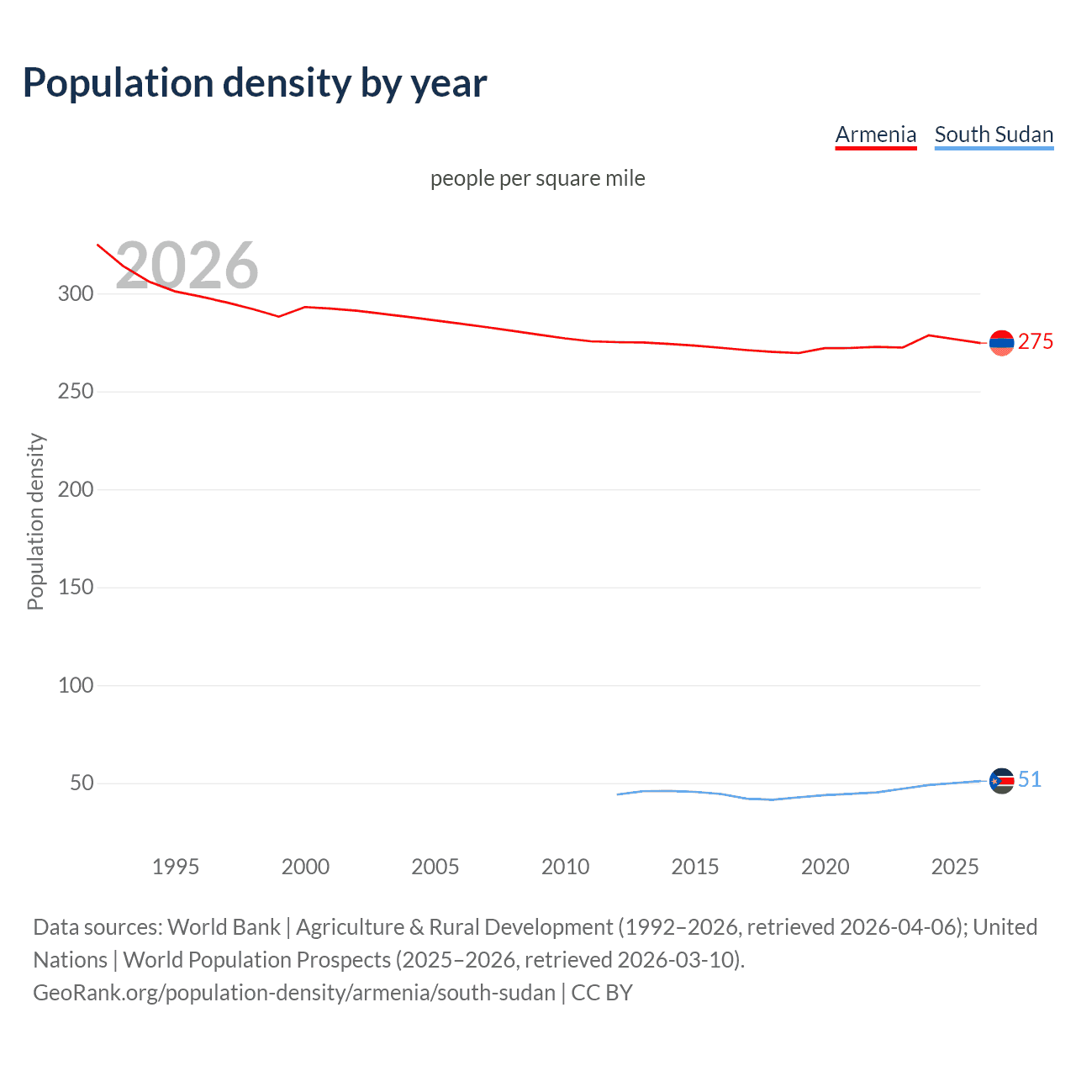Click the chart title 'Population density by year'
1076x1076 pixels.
[255, 83]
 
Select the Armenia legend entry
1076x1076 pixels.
[875, 134]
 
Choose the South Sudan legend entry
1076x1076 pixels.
[994, 134]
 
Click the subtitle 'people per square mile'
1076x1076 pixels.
[537, 178]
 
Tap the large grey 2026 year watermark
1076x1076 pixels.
[187, 266]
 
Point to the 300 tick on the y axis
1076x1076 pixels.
[76, 293]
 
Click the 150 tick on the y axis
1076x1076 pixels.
[76, 587]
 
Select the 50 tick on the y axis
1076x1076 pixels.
[82, 783]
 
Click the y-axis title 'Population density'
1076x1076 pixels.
[35, 521]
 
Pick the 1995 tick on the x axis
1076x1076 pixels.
[175, 867]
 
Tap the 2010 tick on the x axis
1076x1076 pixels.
[565, 867]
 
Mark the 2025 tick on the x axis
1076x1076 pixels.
[955, 867]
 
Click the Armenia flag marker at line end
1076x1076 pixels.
[1001, 343]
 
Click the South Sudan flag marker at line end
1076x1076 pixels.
[1001, 781]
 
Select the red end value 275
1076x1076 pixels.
[1036, 341]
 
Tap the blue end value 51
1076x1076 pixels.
[1030, 779]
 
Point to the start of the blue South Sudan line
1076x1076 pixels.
[618, 794]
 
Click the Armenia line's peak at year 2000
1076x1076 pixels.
[305, 307]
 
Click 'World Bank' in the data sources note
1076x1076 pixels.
[224, 926]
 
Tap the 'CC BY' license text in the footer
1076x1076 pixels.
[602, 992]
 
